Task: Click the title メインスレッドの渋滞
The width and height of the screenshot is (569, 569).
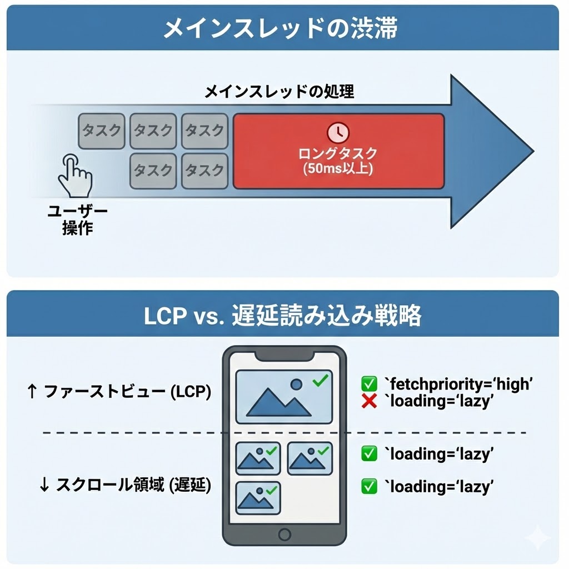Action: tap(280, 28)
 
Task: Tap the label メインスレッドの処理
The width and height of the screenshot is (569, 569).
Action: tap(279, 92)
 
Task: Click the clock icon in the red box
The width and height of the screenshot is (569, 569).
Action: tap(338, 132)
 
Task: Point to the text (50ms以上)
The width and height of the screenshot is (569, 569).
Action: tap(338, 168)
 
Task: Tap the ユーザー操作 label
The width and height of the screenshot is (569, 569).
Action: tap(77, 220)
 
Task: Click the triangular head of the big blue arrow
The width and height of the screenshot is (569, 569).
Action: tap(489, 151)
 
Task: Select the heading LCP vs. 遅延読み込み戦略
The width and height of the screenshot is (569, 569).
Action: tap(282, 316)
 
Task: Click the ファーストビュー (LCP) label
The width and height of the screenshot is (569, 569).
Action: tap(119, 392)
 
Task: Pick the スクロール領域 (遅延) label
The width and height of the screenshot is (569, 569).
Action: tap(125, 485)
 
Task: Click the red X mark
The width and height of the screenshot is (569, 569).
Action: tap(369, 401)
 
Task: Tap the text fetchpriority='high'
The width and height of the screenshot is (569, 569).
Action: tap(459, 383)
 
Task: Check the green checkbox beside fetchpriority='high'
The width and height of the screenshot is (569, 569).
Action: tap(369, 383)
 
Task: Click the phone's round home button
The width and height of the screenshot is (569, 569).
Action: tap(284, 535)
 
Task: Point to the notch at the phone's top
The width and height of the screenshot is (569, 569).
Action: tap(284, 355)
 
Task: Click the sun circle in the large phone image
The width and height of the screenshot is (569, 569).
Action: tap(297, 384)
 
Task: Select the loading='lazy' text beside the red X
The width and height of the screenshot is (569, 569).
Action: tap(439, 401)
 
